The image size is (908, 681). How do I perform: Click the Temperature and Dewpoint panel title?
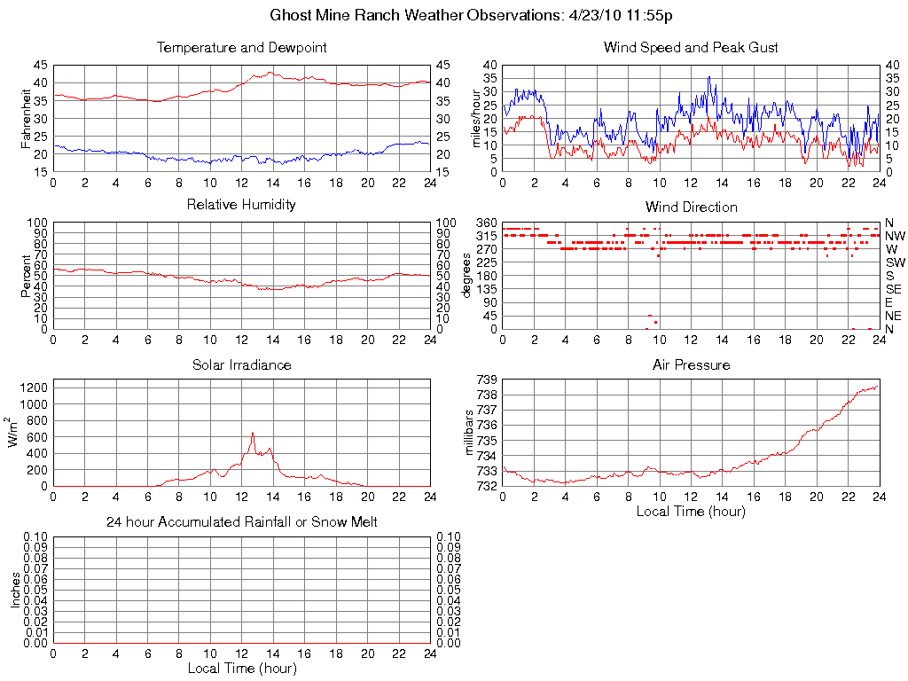coord(241,48)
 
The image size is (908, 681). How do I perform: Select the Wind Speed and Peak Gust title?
coord(691,48)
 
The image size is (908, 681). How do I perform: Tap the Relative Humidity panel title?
coord(241,206)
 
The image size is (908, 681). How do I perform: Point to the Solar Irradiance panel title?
coord(241,365)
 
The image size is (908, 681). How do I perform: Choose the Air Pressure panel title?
coord(691,365)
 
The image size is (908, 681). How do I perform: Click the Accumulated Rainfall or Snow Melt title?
coord(241,522)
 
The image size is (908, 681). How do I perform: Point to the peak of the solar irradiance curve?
coord(253,433)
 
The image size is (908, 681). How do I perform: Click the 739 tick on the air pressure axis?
coord(487,380)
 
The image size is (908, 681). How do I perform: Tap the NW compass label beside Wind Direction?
coord(895,236)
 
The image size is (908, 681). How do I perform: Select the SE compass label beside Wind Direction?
coord(893,289)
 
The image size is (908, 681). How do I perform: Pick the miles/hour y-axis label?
coord(476,119)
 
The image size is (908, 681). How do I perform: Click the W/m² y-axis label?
coord(14,433)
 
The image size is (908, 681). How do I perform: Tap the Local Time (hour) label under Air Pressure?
coord(691,511)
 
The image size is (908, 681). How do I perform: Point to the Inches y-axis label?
coord(14,590)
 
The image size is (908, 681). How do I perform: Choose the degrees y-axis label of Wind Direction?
coord(467,275)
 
